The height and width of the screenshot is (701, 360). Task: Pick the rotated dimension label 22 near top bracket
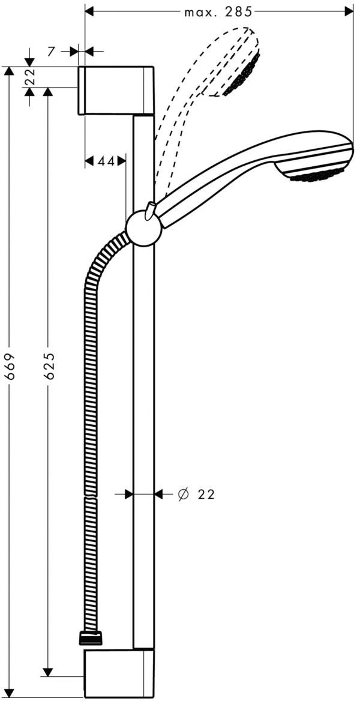(x=30, y=77)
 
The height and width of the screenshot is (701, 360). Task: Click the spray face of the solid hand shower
(x=319, y=176)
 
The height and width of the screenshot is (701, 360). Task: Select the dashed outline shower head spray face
(x=242, y=74)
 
